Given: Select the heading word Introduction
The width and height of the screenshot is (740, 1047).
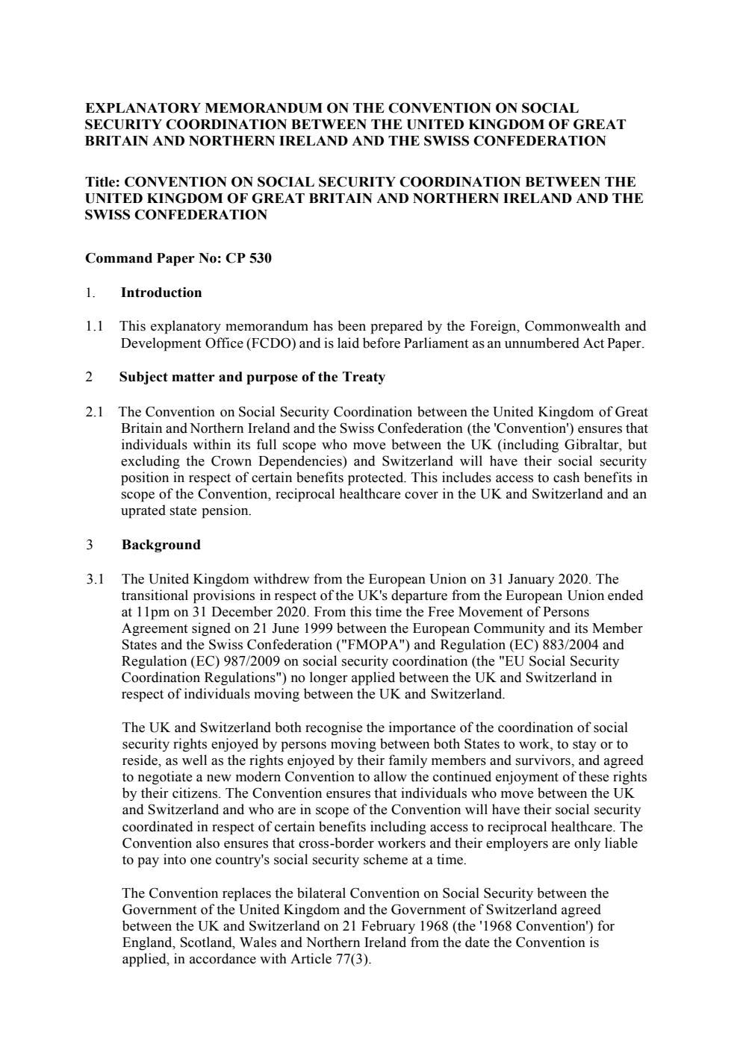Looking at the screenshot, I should (161, 293).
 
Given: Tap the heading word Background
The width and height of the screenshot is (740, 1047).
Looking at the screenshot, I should (161, 545).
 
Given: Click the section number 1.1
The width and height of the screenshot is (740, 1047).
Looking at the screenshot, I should (93, 326).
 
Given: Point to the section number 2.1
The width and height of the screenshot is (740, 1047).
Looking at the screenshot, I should (94, 412).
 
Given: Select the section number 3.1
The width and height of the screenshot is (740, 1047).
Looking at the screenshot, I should (94, 579).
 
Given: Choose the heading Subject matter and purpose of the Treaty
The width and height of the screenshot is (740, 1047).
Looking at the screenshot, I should (252, 377).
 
